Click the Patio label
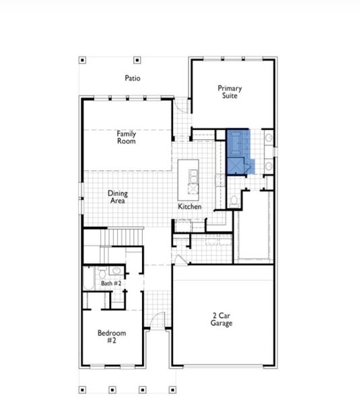click(x=133, y=78)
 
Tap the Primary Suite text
click(x=229, y=92)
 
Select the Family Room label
click(x=126, y=137)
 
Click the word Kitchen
click(x=190, y=206)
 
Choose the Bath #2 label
click(x=111, y=283)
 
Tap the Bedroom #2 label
click(x=111, y=337)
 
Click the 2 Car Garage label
click(x=222, y=319)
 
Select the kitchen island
click(x=190, y=177)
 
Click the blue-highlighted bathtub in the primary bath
click(x=238, y=142)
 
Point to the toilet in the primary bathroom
click(x=233, y=200)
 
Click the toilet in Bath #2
click(x=102, y=273)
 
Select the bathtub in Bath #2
click(x=88, y=279)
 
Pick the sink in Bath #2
click(x=116, y=271)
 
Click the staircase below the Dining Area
click(x=127, y=237)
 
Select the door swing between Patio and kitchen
click(x=180, y=105)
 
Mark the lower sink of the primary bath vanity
click(x=268, y=165)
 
